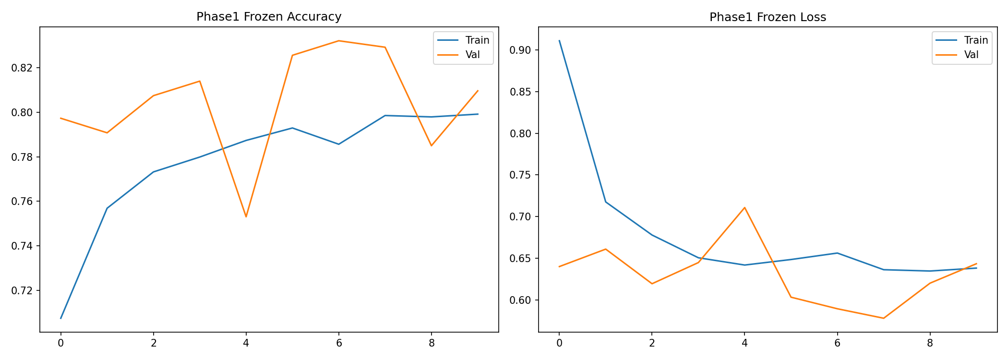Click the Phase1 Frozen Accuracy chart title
point(269,17)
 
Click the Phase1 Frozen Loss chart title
point(768,17)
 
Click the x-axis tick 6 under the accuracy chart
point(339,343)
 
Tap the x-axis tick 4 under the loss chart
point(744,343)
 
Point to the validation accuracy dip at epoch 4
point(246,217)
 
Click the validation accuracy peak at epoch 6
point(339,41)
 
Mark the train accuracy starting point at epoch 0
point(60,318)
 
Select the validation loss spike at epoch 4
point(744,207)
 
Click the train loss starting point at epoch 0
point(559,41)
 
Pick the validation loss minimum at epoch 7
point(884,318)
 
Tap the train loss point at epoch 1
point(606,202)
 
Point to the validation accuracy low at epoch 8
point(432,145)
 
